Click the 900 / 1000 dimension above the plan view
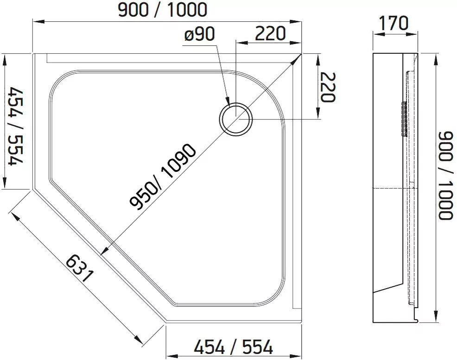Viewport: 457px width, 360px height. (162, 10)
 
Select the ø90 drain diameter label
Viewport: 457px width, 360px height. (199, 34)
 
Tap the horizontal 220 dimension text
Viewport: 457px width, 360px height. (270, 33)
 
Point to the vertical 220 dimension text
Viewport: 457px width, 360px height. (328, 87)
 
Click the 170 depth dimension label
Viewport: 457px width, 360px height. (394, 23)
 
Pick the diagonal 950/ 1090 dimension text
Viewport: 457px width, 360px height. (162, 177)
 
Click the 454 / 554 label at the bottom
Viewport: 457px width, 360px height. (234, 347)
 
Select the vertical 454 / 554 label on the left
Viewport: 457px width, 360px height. (16, 127)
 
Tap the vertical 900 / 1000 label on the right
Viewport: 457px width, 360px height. (446, 176)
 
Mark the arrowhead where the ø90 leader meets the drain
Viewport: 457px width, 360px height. (227, 100)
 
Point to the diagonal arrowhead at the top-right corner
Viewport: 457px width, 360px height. (297, 59)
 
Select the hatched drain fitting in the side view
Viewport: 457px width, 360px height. (404, 119)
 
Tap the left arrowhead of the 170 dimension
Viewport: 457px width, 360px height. (378, 34)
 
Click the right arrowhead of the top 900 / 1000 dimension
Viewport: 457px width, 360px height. (297, 21)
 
